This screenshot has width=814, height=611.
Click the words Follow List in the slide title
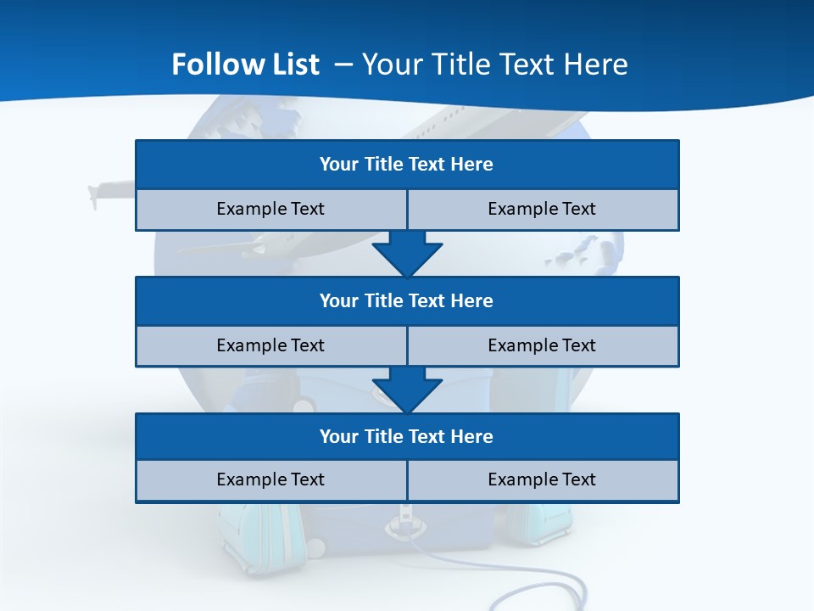point(245,64)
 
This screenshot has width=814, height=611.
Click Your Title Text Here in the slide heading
point(495,64)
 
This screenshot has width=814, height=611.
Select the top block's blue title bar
point(407,164)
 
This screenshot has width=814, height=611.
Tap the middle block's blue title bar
point(407,300)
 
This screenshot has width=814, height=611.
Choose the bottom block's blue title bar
point(407,436)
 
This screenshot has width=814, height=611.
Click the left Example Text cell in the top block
point(270,209)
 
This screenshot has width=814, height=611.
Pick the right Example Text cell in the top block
point(543,209)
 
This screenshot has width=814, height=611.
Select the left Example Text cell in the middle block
point(270,345)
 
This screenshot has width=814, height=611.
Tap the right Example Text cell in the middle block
point(543,345)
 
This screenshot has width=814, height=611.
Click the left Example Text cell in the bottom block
point(270,479)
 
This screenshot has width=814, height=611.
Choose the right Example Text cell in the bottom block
point(543,479)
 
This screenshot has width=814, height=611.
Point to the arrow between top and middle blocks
point(407,255)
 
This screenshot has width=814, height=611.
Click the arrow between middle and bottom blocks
point(407,390)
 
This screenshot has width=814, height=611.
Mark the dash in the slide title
point(343,64)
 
